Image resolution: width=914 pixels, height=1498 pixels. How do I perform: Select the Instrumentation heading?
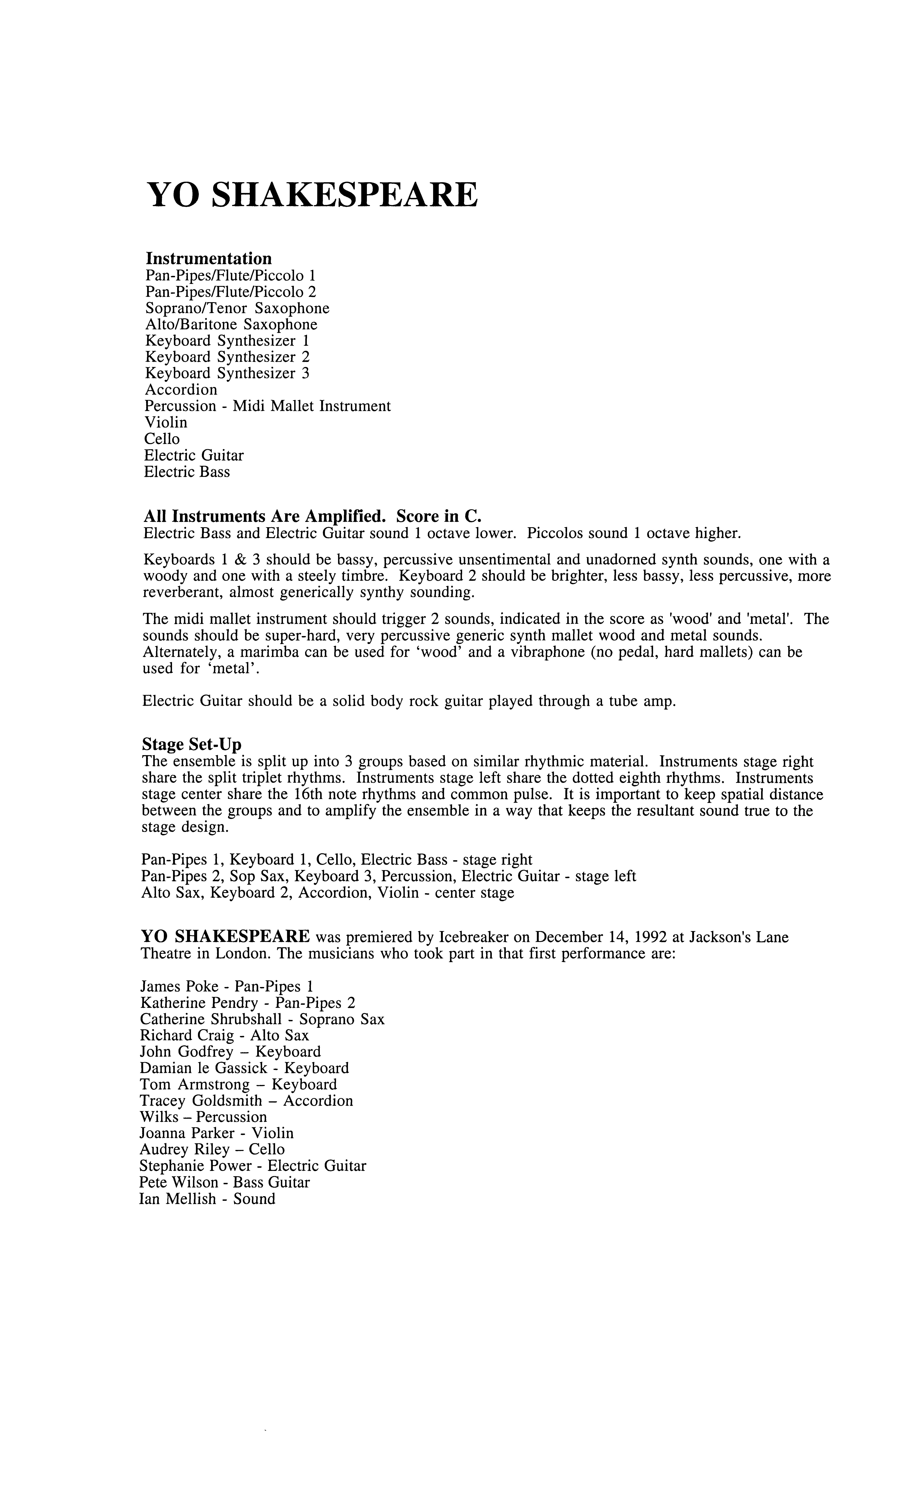click(208, 258)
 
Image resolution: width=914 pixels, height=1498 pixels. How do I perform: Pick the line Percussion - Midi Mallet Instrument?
click(268, 406)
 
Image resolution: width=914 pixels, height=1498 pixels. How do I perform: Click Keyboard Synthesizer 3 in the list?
click(227, 373)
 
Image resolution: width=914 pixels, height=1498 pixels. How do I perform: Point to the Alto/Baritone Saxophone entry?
click(231, 325)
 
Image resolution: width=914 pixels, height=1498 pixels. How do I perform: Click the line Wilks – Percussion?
click(203, 1117)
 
